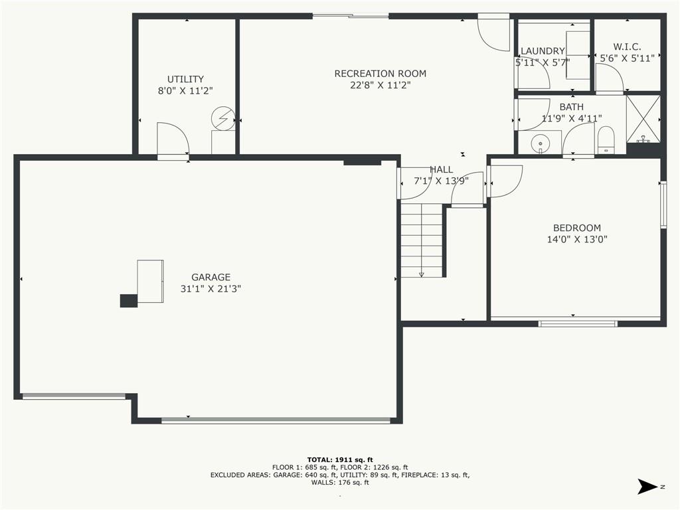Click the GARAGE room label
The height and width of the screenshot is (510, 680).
tap(211, 277)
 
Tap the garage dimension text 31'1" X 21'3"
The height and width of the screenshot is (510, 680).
tap(211, 289)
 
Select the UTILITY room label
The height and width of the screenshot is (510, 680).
tap(186, 79)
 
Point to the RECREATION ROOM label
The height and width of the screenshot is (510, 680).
tap(381, 74)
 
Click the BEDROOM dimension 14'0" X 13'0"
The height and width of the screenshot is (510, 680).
tap(577, 239)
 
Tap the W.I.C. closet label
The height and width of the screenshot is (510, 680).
tap(627, 47)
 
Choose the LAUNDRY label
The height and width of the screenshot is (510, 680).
tap(543, 51)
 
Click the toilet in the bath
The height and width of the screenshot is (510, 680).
tap(606, 140)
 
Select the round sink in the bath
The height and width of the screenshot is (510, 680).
tap(541, 142)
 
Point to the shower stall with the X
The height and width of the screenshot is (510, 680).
tap(643, 119)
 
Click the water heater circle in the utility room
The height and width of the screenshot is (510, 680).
tap(223, 118)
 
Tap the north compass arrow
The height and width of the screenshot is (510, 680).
tap(647, 486)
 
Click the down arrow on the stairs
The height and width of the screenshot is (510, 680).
tap(421, 274)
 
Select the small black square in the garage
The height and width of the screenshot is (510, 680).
tap(129, 301)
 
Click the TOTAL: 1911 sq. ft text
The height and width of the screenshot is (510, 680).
tap(340, 460)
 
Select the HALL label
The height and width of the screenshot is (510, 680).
tap(442, 169)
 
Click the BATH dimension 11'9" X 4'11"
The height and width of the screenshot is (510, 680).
tap(572, 118)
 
